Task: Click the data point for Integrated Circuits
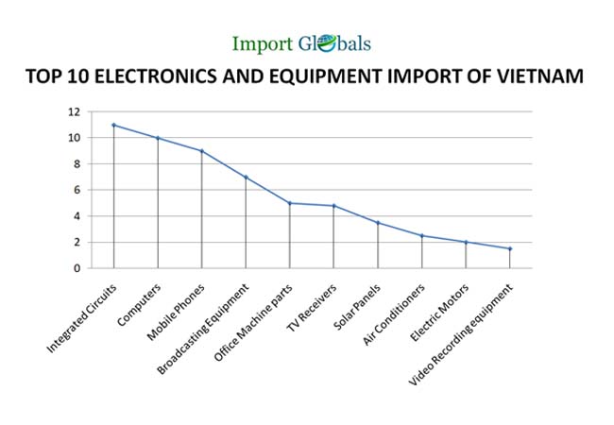coord(113,125)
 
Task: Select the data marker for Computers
coord(158,138)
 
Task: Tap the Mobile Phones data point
coord(201,151)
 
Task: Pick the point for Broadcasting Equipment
coord(246,177)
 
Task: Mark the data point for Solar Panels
coord(378,223)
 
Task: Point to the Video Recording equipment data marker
coord(510,248)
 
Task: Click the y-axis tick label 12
coord(100,111)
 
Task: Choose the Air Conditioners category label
coord(394,311)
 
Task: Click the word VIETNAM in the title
coord(540,76)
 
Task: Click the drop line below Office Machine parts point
coord(290,236)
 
